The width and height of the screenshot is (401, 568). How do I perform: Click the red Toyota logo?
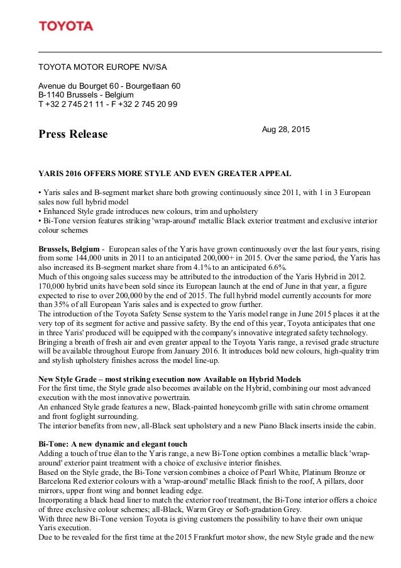(x=66, y=26)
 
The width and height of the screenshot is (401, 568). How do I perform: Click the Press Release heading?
(x=73, y=135)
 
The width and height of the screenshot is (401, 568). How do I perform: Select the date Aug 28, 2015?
(x=285, y=129)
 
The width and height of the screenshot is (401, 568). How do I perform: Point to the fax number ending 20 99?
(x=145, y=104)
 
